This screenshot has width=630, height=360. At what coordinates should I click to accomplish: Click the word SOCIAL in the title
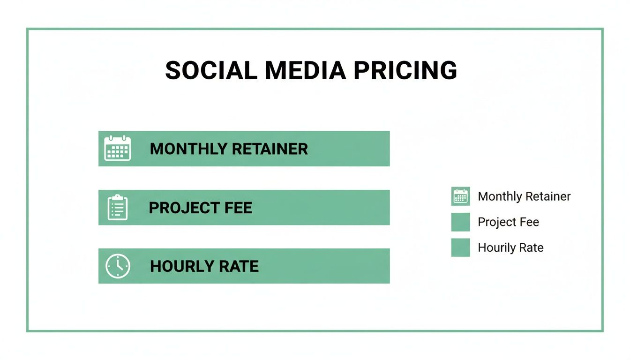(211, 70)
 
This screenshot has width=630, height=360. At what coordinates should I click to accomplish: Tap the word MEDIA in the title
(305, 70)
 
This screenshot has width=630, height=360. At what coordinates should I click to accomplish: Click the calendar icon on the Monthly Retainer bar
(117, 149)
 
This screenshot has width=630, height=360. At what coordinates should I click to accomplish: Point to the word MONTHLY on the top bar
(188, 149)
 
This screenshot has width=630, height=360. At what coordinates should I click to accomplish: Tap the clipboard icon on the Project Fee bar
(117, 208)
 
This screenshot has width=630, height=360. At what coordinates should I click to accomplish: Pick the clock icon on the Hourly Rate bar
(117, 266)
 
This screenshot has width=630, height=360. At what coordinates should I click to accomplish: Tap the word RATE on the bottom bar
(240, 266)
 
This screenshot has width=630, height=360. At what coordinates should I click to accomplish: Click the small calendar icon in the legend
(460, 196)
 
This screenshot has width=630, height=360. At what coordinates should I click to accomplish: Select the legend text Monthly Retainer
(524, 196)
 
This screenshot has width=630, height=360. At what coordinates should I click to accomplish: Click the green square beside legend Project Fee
(460, 222)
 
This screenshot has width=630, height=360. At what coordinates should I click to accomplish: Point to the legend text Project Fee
(508, 222)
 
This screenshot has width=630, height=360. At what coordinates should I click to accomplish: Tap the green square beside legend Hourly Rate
(460, 247)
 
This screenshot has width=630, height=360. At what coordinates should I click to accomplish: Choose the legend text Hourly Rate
(510, 247)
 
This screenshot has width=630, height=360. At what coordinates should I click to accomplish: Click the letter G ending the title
(449, 70)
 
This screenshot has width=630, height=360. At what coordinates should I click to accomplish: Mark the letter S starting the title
(173, 70)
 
